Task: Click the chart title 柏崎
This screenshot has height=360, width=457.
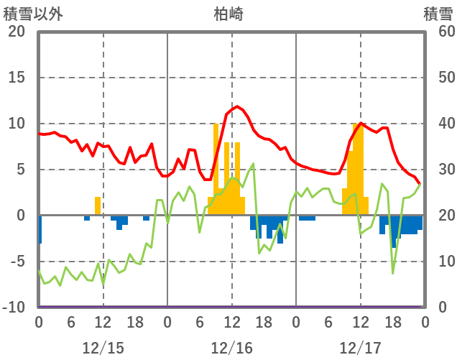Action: [x=231, y=13]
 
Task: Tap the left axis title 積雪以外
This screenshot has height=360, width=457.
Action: [x=28, y=13]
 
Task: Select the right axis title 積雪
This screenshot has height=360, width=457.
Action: [x=438, y=13]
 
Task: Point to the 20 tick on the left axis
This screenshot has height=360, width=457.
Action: [x=17, y=32]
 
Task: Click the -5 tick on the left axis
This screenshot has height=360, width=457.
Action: [x=17, y=262]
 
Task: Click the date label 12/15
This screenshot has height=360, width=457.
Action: [x=103, y=348]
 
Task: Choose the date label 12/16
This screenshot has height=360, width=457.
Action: [x=231, y=348]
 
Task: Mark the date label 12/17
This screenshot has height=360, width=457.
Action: [x=360, y=348]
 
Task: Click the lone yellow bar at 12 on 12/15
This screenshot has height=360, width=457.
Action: [x=98, y=206]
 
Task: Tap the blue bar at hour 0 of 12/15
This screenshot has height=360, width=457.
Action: [x=40, y=229]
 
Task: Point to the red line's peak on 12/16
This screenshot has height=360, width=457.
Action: [x=236, y=106]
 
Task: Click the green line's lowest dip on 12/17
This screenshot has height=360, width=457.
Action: [x=392, y=273]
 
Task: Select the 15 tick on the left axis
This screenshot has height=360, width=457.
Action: [x=17, y=78]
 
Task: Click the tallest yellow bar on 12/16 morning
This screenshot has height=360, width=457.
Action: [x=216, y=170]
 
